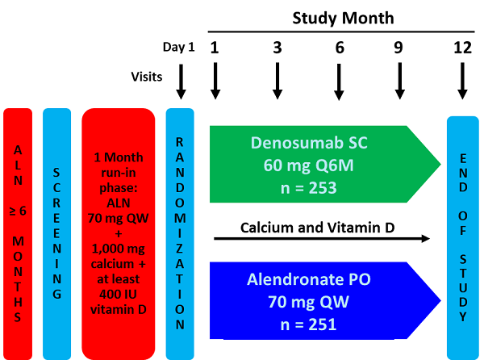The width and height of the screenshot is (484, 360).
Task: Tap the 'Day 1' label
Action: point(178,48)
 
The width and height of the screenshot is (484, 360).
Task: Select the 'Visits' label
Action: point(148,76)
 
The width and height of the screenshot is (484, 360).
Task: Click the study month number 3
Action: point(277,48)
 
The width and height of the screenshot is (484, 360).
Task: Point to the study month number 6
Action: point(339,48)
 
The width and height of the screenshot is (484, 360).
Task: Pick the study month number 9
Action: point(398,48)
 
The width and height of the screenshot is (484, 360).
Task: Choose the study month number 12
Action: point(462,48)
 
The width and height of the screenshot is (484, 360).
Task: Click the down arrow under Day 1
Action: point(180,81)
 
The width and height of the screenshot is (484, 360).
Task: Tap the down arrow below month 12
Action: point(462,81)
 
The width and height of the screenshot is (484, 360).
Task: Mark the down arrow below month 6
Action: point(339,81)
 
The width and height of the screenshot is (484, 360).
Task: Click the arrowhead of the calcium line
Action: point(426,239)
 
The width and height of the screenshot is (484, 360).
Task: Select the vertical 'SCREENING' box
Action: point(56,234)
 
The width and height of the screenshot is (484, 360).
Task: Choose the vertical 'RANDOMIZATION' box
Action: point(180,234)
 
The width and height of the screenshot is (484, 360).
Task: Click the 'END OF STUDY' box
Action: point(462,234)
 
